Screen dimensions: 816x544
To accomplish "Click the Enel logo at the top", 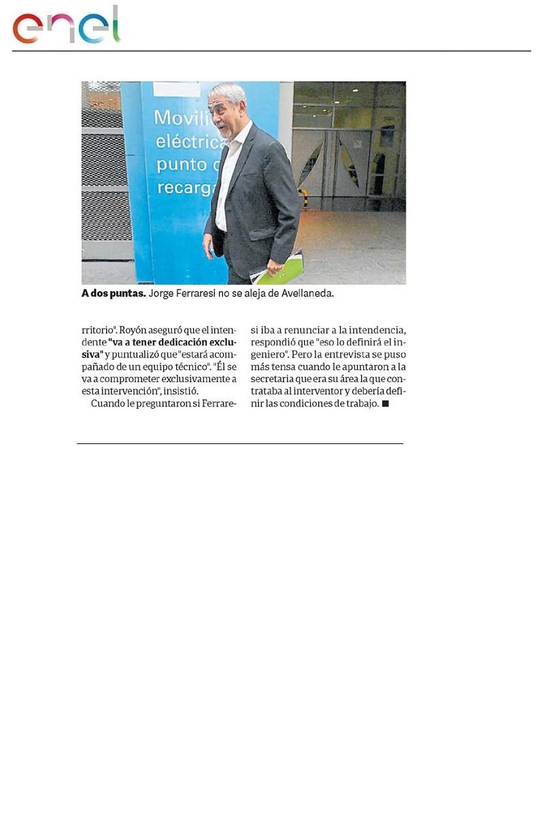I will pyautogui.click(x=66, y=25).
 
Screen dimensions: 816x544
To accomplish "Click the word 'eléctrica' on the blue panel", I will pyautogui.click(x=182, y=142).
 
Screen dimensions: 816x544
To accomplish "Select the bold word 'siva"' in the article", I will pyautogui.click(x=92, y=354).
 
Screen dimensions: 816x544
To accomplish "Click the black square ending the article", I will pyautogui.click(x=385, y=404).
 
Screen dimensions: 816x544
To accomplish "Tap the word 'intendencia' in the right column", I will pyautogui.click(x=377, y=330).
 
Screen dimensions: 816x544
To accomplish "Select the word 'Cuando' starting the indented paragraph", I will pyautogui.click(x=107, y=404).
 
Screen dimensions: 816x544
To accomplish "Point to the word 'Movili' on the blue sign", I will pyautogui.click(x=179, y=118).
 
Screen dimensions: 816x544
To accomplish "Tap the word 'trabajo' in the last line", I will pyautogui.click(x=361, y=404).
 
